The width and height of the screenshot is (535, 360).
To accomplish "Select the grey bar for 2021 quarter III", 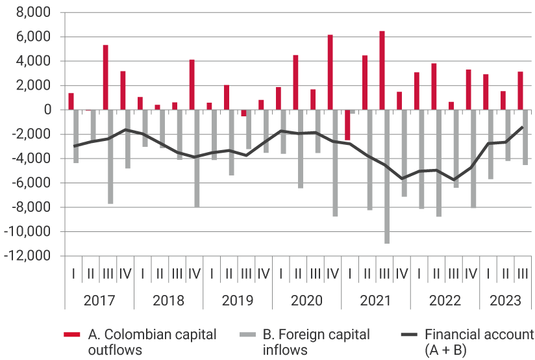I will click(x=387, y=176).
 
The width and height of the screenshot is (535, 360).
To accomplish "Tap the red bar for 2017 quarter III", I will click(x=105, y=77).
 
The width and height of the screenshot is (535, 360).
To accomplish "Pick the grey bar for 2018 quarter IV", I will click(x=197, y=158).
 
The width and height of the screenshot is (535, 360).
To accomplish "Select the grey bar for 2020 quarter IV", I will click(x=335, y=162).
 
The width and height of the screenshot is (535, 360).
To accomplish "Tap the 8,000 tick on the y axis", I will click(x=36, y=12).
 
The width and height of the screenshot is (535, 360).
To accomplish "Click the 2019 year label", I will click(x=237, y=301).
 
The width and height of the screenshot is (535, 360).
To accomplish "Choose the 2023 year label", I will click(x=504, y=301).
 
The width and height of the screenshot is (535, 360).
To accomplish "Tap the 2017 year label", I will click(x=99, y=301).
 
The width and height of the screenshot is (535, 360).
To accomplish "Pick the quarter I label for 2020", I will click(x=280, y=274).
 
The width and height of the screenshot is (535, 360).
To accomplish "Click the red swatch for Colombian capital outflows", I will click(x=71, y=335).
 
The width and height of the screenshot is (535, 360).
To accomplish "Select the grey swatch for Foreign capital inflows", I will click(x=248, y=335).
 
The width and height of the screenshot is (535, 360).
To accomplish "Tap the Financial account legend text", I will click(x=479, y=342).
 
